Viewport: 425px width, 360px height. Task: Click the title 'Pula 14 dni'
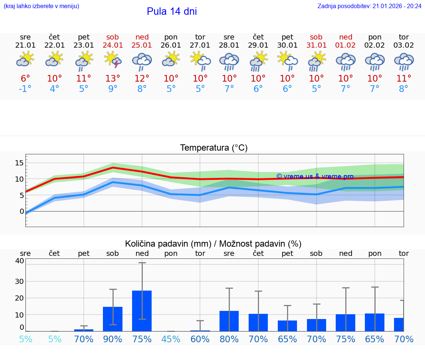click(x=172, y=11)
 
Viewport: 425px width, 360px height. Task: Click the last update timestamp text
click(x=369, y=6)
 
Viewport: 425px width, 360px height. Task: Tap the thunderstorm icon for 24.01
click(x=113, y=60)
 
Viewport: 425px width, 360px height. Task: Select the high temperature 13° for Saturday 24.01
click(x=113, y=79)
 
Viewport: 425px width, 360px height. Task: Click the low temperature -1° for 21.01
click(x=25, y=89)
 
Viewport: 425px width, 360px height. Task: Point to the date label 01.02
click(x=346, y=45)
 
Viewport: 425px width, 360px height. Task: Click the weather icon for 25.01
click(x=142, y=61)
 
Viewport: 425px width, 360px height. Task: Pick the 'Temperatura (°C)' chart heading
click(x=214, y=148)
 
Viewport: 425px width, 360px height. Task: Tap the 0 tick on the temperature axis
click(x=22, y=211)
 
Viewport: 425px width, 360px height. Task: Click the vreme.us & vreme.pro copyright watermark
click(x=315, y=176)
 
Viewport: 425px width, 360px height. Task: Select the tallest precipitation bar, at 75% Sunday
click(x=142, y=311)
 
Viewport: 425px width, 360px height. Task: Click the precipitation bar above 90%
click(x=113, y=319)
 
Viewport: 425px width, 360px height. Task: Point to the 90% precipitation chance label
click(x=113, y=339)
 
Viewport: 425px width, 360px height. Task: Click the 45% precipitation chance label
click(x=171, y=339)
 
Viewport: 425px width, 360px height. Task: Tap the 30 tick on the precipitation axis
click(x=19, y=281)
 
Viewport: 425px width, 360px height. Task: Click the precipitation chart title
click(x=213, y=244)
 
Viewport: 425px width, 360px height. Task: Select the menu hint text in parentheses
click(x=41, y=6)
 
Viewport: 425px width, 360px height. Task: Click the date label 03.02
click(x=404, y=45)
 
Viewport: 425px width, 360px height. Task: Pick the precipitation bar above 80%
click(x=229, y=321)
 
